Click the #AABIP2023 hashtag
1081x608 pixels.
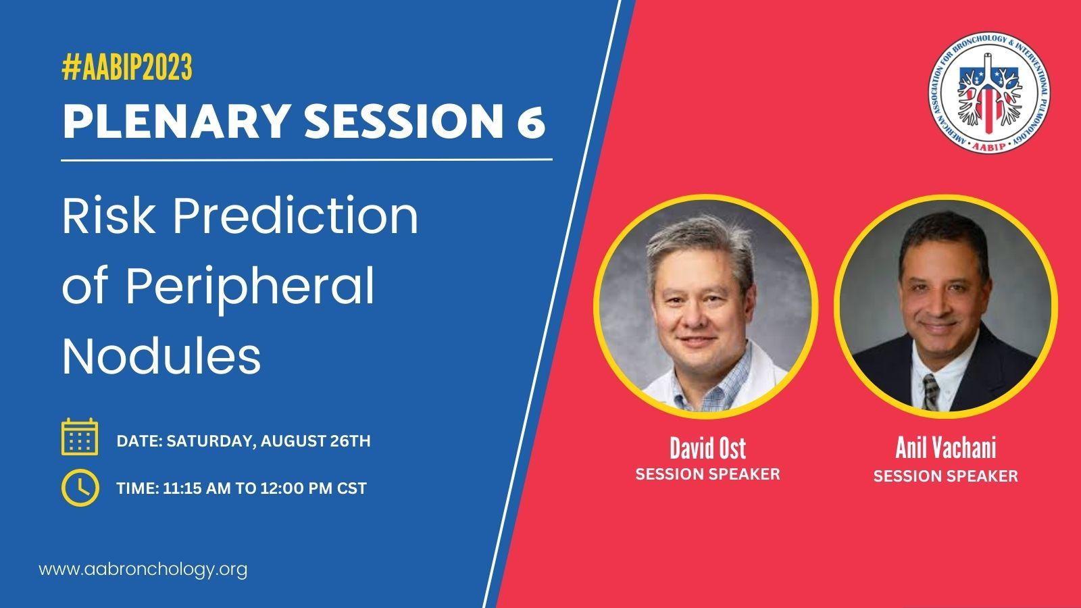click(127, 67)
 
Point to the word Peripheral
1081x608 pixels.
click(250, 288)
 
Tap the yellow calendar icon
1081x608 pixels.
click(80, 436)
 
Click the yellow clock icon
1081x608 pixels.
click(80, 487)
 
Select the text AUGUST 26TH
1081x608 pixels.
click(316, 441)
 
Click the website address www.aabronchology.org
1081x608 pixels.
click(143, 570)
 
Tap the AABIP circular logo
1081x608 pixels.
click(989, 93)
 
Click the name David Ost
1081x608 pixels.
click(707, 449)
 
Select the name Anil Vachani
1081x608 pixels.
click(945, 448)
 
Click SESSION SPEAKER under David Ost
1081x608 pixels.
click(707, 474)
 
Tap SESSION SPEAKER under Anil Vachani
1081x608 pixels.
click(945, 476)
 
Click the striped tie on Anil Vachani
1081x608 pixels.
click(931, 392)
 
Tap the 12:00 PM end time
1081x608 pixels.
click(293, 488)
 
